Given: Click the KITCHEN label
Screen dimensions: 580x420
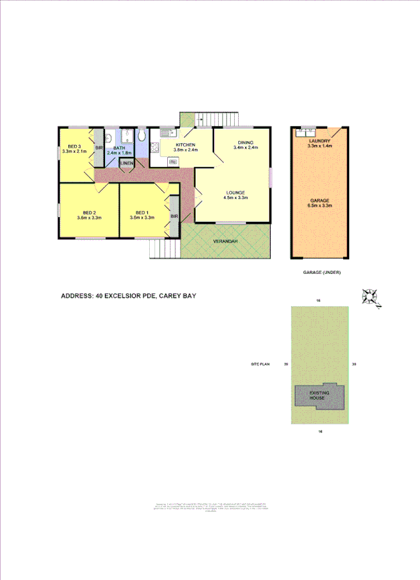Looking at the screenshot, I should click(x=185, y=145).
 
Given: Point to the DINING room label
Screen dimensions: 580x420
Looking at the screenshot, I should click(x=245, y=142).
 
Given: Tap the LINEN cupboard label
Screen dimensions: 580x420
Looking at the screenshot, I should click(x=126, y=164).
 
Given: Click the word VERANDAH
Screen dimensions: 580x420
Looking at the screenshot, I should click(x=225, y=241).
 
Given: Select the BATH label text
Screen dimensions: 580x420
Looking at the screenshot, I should click(x=120, y=148).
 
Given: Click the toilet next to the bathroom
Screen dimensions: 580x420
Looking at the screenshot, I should click(x=142, y=136).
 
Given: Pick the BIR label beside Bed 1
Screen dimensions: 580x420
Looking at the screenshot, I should click(x=174, y=216).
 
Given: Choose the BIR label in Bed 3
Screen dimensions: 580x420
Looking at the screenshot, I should click(x=98, y=148).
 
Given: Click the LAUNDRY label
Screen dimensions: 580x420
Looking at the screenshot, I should click(x=319, y=140).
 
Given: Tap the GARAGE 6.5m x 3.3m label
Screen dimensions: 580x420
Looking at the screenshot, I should click(x=319, y=202).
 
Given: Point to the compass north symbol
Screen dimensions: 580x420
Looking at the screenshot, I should click(x=370, y=297).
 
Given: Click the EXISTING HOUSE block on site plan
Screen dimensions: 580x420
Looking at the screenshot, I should click(x=318, y=396).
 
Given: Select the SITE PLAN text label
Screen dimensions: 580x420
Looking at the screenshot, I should click(x=259, y=364).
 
